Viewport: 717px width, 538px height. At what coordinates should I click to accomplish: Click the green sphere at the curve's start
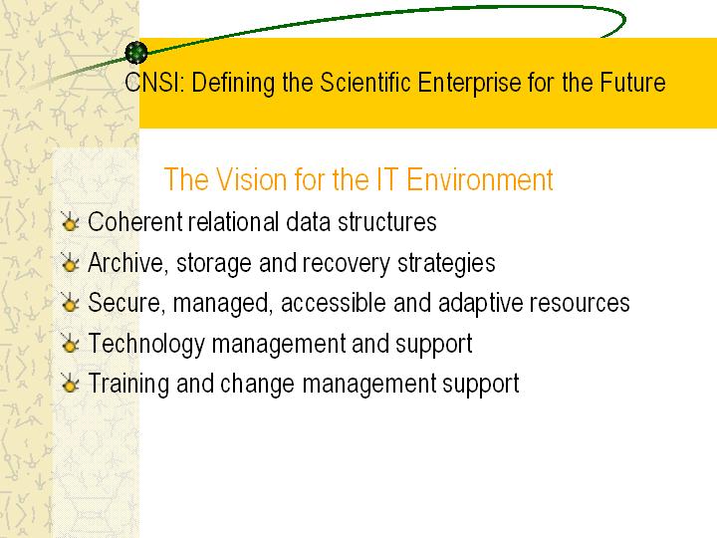(136, 53)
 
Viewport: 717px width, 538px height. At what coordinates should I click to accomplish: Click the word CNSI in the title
(154, 83)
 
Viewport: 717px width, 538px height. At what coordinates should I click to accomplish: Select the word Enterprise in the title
(469, 84)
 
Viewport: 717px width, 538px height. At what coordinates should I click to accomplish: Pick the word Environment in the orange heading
(480, 179)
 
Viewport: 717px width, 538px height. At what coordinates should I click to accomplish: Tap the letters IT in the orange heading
(386, 179)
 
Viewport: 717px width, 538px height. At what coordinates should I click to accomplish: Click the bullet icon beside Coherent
(70, 221)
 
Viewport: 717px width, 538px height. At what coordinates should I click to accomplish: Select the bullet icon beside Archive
(70, 262)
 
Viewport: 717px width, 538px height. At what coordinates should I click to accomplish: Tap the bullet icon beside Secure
(70, 303)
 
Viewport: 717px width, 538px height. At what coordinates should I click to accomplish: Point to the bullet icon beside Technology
(70, 343)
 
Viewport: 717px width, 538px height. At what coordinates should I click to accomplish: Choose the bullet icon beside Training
(70, 384)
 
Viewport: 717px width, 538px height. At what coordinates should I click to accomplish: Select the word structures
(387, 222)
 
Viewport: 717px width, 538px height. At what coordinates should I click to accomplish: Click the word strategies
(446, 264)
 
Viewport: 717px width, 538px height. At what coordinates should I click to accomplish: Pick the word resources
(580, 304)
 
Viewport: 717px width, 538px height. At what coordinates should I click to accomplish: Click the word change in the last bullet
(257, 384)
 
